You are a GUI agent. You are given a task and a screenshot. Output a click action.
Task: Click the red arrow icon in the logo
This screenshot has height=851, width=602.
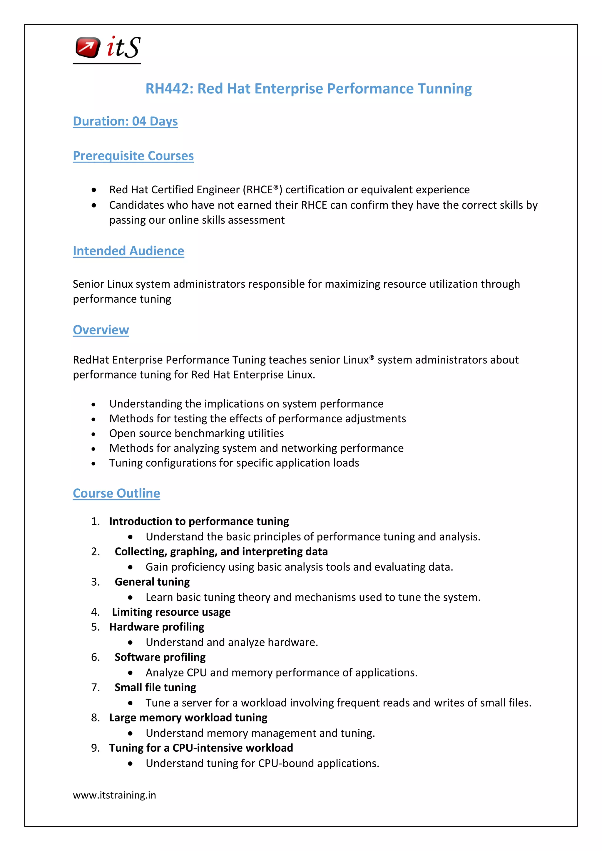tap(88, 47)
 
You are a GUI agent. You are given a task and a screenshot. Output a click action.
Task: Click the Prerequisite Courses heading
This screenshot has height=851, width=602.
tap(133, 156)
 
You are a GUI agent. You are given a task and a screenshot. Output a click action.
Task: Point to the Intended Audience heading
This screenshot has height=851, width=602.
tap(128, 251)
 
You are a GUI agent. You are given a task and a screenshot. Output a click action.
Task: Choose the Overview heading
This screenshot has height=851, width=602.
tap(101, 330)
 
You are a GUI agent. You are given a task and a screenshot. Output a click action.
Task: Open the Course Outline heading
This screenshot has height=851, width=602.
tap(116, 494)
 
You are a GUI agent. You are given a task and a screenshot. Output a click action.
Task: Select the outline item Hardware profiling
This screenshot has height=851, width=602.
tap(156, 627)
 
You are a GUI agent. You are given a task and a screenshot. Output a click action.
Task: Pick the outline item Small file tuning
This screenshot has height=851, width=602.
tap(155, 688)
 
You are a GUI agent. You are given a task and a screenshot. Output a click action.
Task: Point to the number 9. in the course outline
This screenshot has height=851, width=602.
tap(95, 748)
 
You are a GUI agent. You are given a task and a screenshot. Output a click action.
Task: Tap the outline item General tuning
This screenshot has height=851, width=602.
tap(152, 582)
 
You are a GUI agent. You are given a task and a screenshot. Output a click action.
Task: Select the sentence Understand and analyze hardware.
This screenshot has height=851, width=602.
tap(232, 642)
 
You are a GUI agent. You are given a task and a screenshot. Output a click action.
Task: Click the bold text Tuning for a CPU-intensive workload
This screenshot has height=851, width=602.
tap(201, 748)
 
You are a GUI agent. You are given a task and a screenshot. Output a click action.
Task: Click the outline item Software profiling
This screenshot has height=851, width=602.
tap(160, 657)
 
